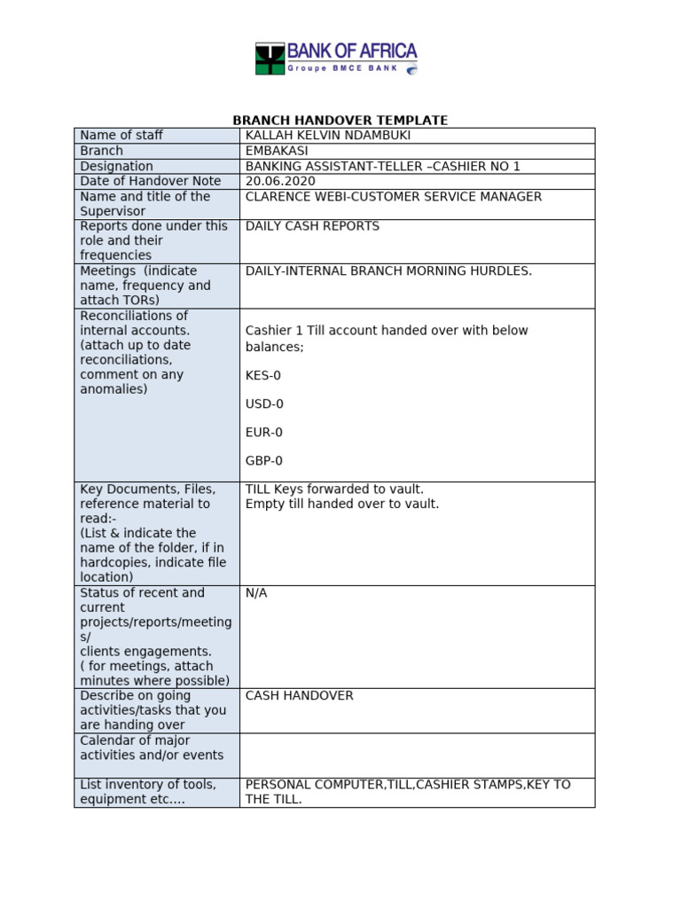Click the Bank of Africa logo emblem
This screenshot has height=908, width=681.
pos(270,58)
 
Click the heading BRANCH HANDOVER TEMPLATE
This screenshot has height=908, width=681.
pos(340,121)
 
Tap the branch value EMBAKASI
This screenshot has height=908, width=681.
pos(277,151)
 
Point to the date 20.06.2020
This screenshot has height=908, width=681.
pos(279,181)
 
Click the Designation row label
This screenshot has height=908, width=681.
pos(116,166)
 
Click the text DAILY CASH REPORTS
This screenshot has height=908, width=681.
pos(312,226)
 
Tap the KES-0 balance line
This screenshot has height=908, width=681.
pos(262,376)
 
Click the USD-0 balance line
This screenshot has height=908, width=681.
pos(264,404)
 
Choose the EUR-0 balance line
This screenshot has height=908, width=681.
pos(263,433)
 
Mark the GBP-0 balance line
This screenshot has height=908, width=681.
pos(264,461)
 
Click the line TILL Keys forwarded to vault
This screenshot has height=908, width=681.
pos(334,489)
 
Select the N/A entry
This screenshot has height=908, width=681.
pos(256,593)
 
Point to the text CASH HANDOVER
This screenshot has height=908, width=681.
pos(299,696)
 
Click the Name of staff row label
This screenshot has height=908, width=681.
pos(121,136)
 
